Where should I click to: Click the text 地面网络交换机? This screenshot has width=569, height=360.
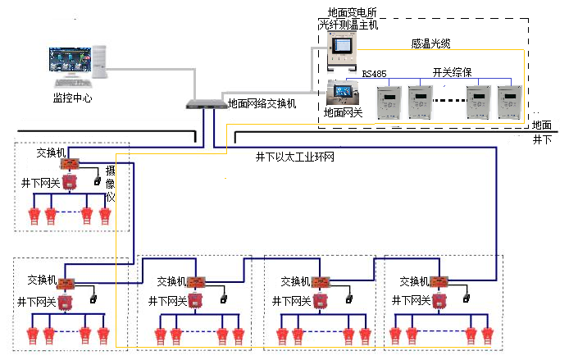pyautogui.click(x=262, y=104)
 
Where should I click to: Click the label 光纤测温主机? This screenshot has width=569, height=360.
pyautogui.click(x=348, y=25)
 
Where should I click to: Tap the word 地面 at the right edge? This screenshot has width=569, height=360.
pyautogui.click(x=542, y=125)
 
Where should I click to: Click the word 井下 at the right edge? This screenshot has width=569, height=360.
pyautogui.click(x=542, y=140)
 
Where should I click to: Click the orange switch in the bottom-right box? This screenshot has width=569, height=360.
pyautogui.click(x=440, y=282)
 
